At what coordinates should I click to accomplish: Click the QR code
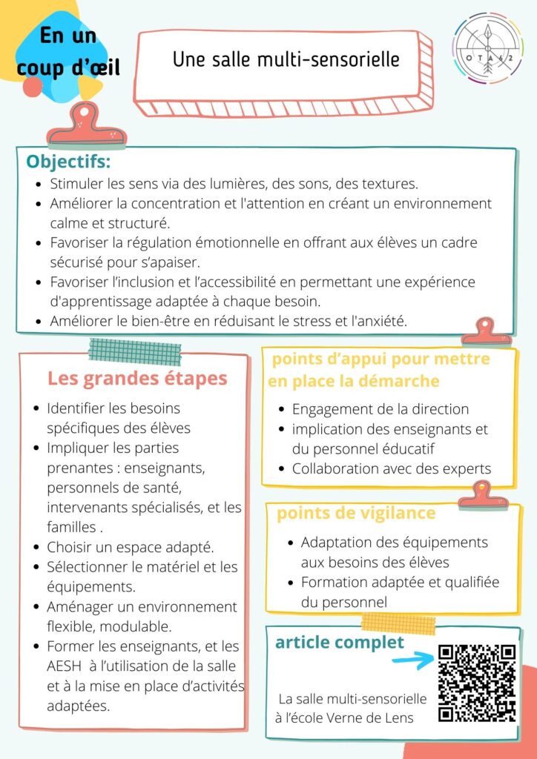pyautogui.click(x=476, y=683)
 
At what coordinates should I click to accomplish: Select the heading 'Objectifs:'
pyautogui.click(x=68, y=162)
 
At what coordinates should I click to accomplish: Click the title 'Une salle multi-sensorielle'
pyautogui.click(x=286, y=59)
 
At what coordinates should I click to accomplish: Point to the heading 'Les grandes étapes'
pyautogui.click(x=137, y=378)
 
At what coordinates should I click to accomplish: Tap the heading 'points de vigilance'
pyautogui.click(x=356, y=513)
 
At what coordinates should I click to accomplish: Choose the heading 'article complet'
pyautogui.click(x=340, y=642)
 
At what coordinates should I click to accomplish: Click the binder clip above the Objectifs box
pyautogui.click(x=86, y=126)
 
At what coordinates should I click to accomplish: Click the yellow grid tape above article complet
pyautogui.click(x=387, y=620)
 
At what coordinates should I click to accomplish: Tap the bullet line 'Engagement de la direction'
pyautogui.click(x=380, y=408)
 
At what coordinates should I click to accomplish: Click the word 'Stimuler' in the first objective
pyautogui.click(x=74, y=184)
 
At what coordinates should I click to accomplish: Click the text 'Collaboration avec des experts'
pyautogui.click(x=392, y=468)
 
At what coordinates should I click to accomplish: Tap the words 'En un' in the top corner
pyautogui.click(x=68, y=35)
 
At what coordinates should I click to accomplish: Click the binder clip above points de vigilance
pyautogui.click(x=484, y=494)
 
